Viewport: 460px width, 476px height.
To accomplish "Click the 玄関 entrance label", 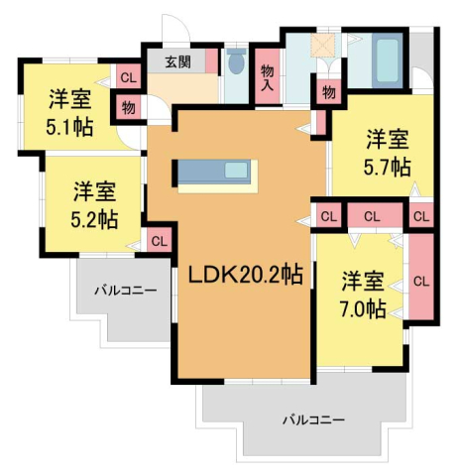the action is [177, 61].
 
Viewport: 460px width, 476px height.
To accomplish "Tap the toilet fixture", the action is [236, 61].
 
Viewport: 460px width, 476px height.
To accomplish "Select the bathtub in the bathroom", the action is [387, 60].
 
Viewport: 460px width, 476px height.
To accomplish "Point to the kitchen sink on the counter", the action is [236, 171].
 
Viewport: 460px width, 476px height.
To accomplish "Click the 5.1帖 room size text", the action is [69, 127].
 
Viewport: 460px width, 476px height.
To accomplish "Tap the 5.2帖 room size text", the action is [94, 219].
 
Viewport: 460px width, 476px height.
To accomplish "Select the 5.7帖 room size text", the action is [388, 167].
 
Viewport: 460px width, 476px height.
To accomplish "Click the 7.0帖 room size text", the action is [363, 308].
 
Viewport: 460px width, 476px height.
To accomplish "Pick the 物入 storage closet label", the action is [267, 77].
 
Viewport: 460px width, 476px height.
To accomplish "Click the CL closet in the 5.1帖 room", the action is [128, 77].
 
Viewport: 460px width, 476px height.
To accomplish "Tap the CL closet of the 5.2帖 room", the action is [160, 241].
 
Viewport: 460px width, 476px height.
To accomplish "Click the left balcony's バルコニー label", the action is [126, 291].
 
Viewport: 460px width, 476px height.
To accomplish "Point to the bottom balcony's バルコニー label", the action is [313, 419].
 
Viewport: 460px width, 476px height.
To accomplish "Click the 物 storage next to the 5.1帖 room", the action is [128, 107].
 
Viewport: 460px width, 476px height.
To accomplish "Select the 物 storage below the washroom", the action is [328, 92].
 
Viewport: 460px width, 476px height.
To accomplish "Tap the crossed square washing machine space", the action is [322, 45].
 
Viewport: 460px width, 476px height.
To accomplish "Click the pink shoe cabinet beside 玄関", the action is [212, 60].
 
